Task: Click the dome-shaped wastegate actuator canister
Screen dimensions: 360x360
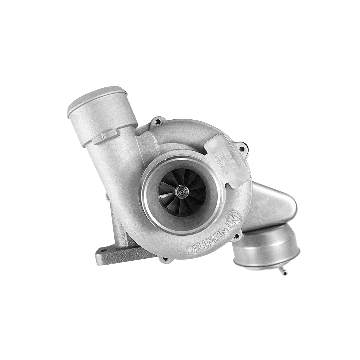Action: (x=267, y=247)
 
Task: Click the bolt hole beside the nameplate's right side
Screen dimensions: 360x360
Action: (x=242, y=149)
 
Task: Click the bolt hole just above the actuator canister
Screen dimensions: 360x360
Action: (x=236, y=237)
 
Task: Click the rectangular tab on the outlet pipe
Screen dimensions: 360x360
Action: (x=105, y=136)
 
